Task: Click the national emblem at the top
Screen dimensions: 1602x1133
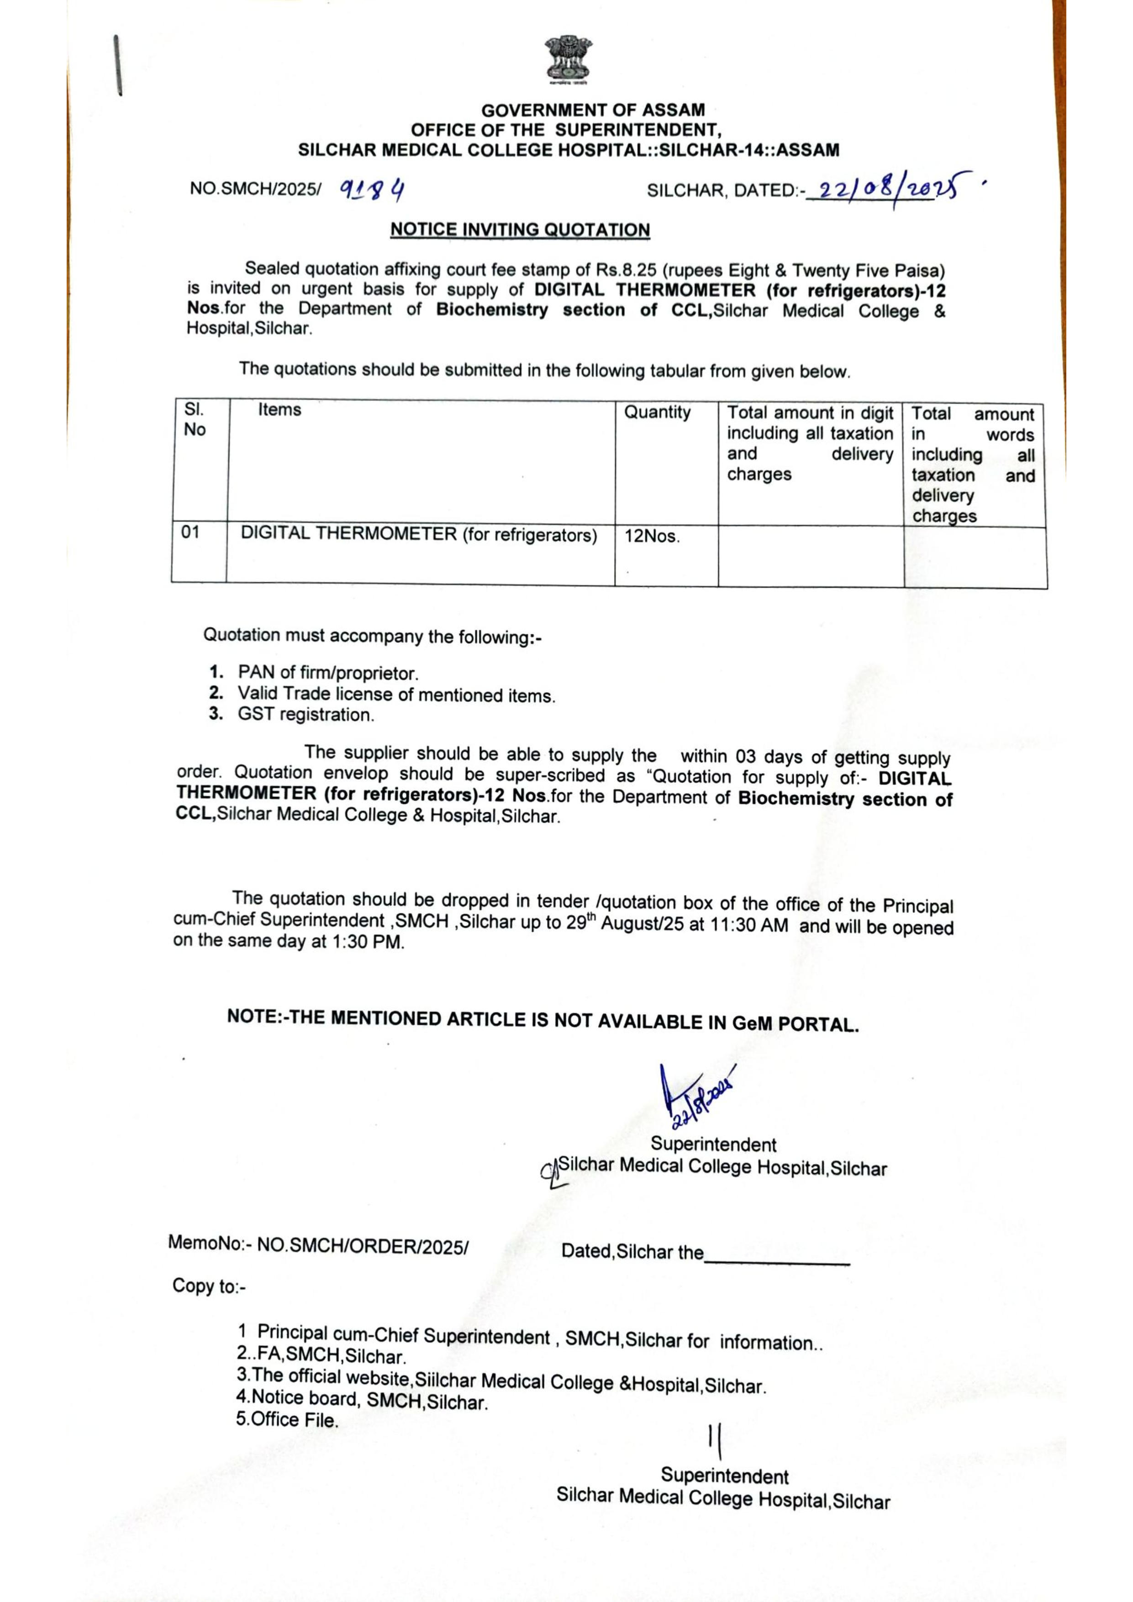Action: tap(566, 59)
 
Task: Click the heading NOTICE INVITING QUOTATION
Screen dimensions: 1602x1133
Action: tap(520, 230)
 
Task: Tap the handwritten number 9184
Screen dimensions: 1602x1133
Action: tap(373, 189)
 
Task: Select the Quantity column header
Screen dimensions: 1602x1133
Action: tap(657, 412)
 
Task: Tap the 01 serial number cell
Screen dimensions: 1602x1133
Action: tap(190, 532)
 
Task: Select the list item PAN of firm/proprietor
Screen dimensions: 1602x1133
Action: tap(327, 673)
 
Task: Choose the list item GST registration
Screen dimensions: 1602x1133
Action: tap(306, 715)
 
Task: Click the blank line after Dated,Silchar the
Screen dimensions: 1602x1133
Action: tap(776, 1255)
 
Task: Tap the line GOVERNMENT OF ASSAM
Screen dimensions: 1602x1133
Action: tap(593, 110)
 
